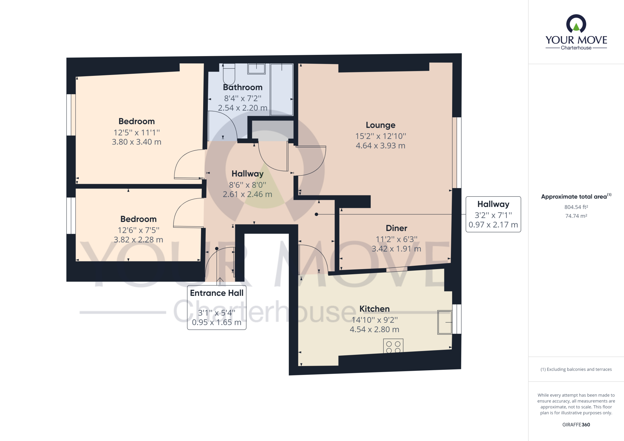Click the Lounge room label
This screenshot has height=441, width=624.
point(380,125)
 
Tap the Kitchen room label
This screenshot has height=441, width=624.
point(374,309)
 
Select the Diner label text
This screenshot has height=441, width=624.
point(396,228)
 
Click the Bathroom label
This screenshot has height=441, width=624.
point(243,87)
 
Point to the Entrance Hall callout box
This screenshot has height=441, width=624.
point(217,307)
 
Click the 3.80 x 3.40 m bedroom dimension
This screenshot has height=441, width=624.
point(136,142)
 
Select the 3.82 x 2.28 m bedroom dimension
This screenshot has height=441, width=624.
point(138,240)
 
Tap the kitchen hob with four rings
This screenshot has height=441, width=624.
point(393,346)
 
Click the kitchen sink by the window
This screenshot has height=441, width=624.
point(445,322)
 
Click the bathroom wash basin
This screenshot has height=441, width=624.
point(256,69)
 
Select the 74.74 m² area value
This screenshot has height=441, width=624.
point(576,216)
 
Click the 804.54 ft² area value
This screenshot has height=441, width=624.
point(576,207)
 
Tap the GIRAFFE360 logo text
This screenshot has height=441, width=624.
point(576,425)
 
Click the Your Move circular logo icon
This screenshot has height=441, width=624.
point(576,24)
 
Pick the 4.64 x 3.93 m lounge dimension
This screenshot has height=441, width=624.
point(380,146)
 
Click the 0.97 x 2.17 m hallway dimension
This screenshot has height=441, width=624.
point(493,225)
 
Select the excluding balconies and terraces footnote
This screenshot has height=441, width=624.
point(576,369)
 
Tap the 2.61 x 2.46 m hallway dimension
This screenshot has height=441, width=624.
point(247,194)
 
